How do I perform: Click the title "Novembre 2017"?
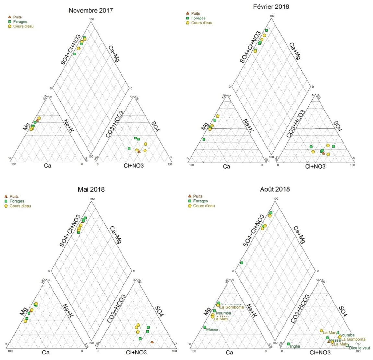[91, 10]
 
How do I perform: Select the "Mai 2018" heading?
[91, 189]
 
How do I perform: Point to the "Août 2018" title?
[275, 189]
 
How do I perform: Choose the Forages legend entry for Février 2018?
[198, 18]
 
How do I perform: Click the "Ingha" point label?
[295, 346]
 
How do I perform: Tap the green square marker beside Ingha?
[288, 344]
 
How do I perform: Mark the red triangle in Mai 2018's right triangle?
[152, 342]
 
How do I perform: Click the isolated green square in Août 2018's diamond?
[242, 263]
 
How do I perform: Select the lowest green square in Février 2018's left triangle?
[204, 139]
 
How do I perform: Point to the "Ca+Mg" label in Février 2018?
[295, 51]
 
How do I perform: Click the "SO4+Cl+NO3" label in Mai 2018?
[70, 231]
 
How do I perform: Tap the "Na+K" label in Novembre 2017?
[68, 126]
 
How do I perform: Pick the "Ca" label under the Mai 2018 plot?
[46, 352]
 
